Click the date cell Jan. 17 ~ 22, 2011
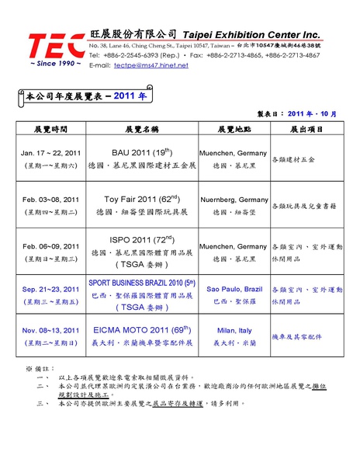(50, 153)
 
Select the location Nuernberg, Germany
(234, 200)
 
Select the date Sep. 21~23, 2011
(50, 288)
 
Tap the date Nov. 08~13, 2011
(50, 329)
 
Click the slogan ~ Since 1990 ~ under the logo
(54, 64)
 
